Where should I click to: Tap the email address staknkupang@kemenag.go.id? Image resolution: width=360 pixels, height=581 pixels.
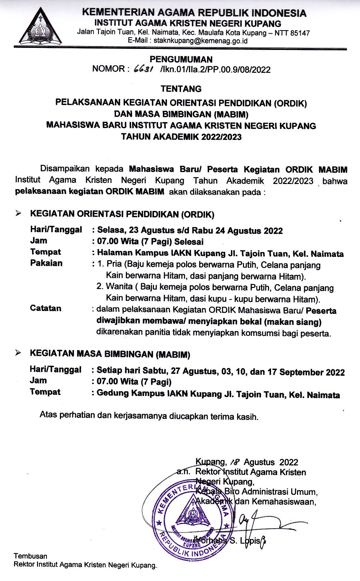pyautogui.click(x=200, y=41)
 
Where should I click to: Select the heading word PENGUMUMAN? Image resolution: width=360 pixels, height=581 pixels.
pyautogui.click(x=181, y=59)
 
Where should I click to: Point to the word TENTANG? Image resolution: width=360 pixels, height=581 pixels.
pyautogui.click(x=181, y=89)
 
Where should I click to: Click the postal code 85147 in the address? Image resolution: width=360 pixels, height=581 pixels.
pyautogui.click(x=300, y=33)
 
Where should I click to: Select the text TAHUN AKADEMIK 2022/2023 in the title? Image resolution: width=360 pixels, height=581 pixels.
pyautogui.click(x=181, y=137)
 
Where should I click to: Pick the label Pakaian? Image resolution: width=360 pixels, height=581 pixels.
pyautogui.click(x=46, y=263)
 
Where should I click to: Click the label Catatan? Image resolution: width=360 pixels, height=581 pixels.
pyautogui.click(x=46, y=308)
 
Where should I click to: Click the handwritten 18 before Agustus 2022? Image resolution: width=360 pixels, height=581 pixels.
pyautogui.click(x=234, y=462)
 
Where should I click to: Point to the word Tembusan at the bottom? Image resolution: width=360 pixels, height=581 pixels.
pyautogui.click(x=30, y=556)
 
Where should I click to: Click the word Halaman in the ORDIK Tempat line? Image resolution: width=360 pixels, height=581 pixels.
pyautogui.click(x=114, y=253)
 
